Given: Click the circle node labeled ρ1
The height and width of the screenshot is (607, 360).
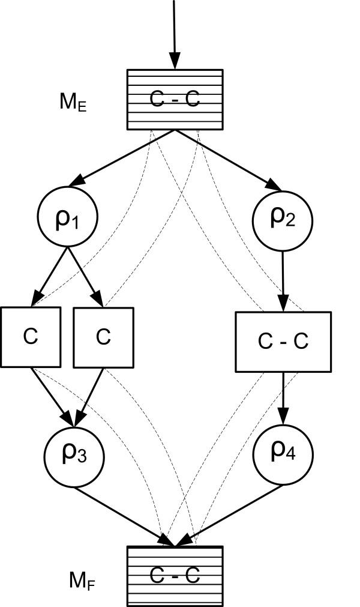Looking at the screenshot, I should point(68,216).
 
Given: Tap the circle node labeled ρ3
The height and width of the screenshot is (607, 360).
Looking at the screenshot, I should point(74,456).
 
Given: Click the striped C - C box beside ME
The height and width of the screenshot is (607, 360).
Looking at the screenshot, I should point(175,99).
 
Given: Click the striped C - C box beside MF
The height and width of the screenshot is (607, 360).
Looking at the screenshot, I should point(175,575).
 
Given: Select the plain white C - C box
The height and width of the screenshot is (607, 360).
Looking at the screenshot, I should point(283,341).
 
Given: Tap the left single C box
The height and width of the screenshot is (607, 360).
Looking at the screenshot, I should point(30,337).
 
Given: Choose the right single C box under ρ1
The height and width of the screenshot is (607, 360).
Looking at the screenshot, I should point(103,337).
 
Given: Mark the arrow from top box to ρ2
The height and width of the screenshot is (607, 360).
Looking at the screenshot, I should point(228,160).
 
